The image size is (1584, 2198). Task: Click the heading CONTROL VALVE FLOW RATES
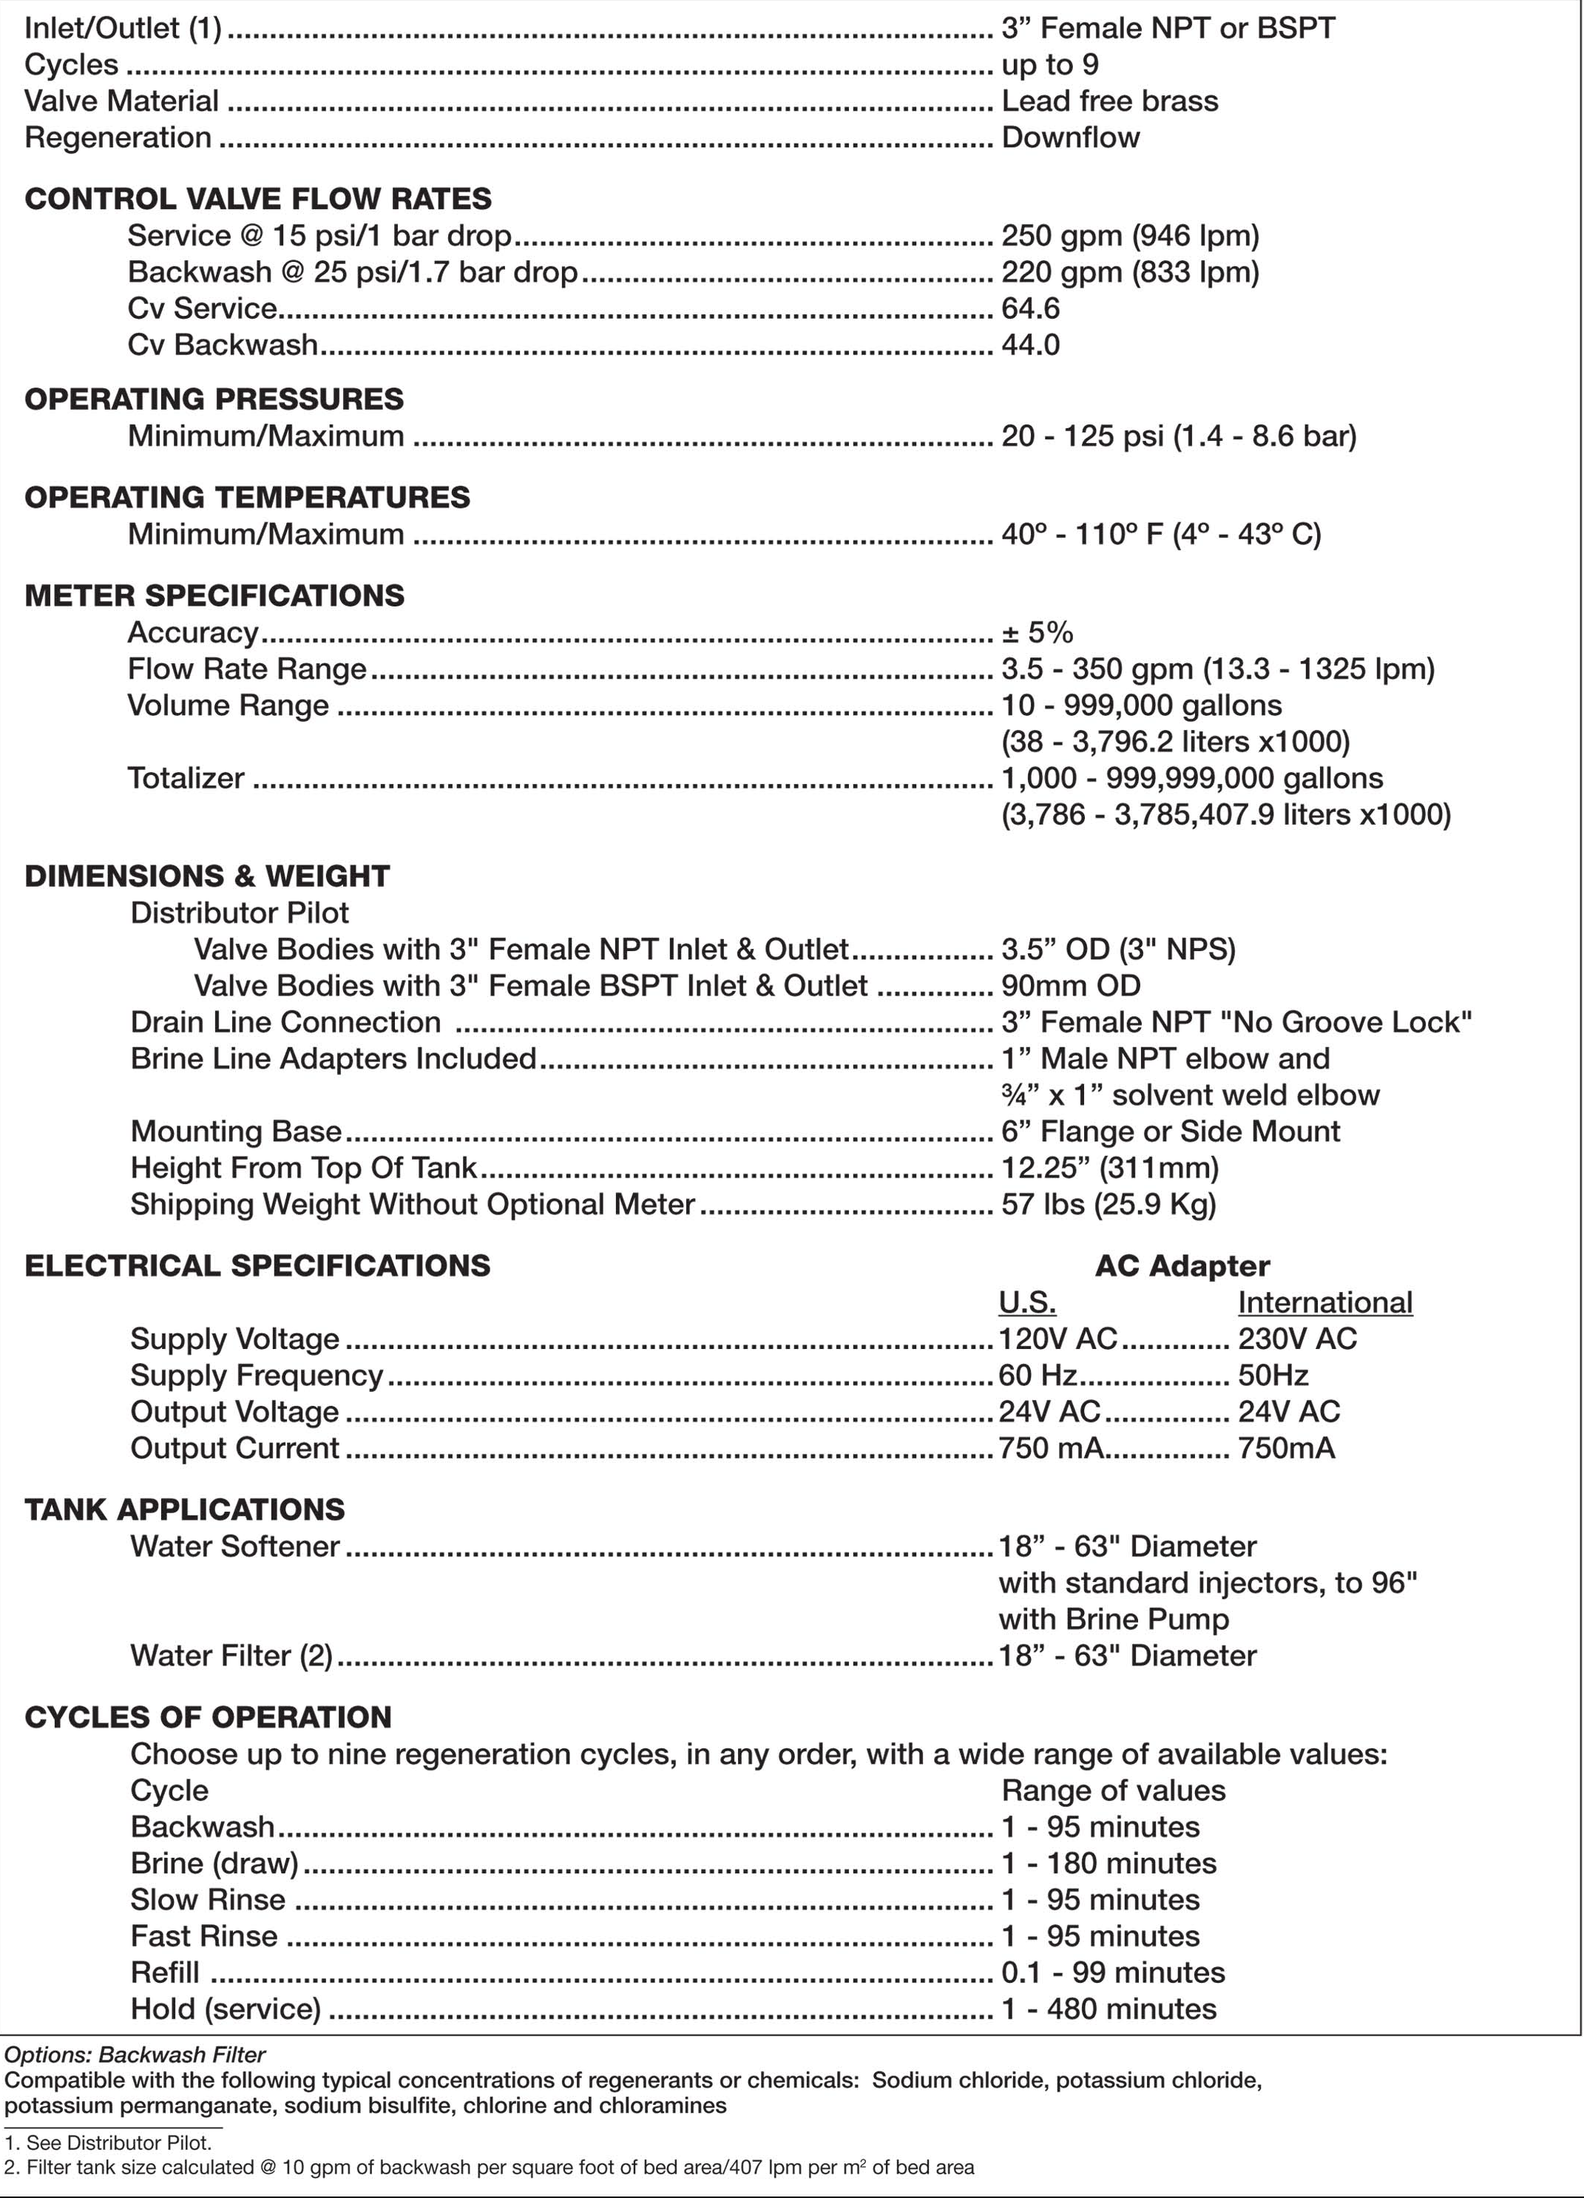(257, 199)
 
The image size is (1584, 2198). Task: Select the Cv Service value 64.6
(1031, 308)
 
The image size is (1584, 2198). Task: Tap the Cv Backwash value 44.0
(1031, 345)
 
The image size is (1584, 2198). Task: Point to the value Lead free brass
(1109, 101)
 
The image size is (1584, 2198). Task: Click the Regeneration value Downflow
(1071, 138)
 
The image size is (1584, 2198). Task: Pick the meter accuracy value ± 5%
(1038, 632)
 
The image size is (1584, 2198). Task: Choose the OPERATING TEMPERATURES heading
(247, 497)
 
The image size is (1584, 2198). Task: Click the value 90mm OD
(1071, 986)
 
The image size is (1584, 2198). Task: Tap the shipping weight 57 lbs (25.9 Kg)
(1109, 1204)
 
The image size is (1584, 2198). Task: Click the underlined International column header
(1324, 1302)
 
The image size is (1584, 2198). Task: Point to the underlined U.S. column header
(1027, 1302)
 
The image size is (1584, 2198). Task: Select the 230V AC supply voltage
(1297, 1339)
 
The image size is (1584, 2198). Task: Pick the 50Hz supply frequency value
(1273, 1375)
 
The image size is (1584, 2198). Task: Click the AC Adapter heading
(1182, 1265)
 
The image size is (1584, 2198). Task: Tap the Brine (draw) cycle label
(215, 1863)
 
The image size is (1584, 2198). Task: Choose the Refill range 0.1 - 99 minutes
(1113, 1972)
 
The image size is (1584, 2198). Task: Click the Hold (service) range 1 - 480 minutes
(1109, 2008)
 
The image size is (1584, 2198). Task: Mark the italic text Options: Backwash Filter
(135, 2055)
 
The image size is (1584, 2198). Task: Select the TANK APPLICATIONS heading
(184, 1509)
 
